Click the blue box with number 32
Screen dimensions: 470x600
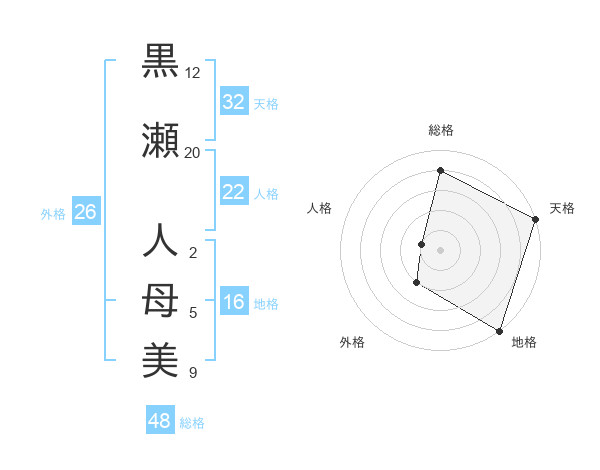click(x=233, y=102)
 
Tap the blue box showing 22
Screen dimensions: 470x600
click(x=233, y=192)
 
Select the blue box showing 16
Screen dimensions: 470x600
click(x=233, y=303)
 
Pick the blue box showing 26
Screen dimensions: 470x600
click(x=85, y=212)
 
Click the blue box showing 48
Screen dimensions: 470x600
click(x=160, y=421)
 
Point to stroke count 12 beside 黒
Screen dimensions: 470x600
click(x=193, y=73)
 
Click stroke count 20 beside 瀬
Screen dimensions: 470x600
click(x=193, y=152)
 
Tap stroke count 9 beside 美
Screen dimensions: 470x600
click(x=193, y=373)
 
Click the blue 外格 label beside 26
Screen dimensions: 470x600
click(x=53, y=213)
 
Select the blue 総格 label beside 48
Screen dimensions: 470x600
click(x=192, y=423)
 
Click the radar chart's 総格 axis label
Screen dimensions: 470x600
click(x=441, y=130)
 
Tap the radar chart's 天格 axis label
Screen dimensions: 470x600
click(x=562, y=208)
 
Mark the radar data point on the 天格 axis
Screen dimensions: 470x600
click(x=535, y=220)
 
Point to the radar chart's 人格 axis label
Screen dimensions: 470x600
click(x=320, y=208)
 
